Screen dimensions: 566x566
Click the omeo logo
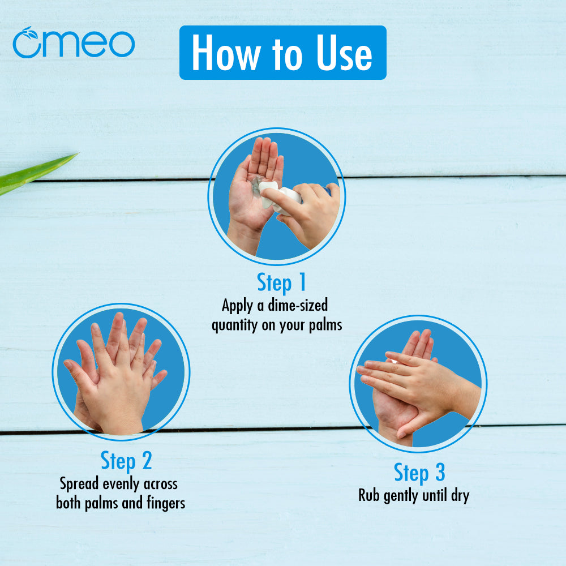(x=74, y=42)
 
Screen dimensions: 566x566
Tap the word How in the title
(x=226, y=53)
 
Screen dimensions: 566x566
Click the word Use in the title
(x=344, y=53)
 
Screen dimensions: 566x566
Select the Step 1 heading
(x=281, y=282)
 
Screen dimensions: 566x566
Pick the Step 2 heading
(x=126, y=461)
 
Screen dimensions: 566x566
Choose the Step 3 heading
(x=419, y=473)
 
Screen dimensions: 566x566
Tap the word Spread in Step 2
(x=79, y=484)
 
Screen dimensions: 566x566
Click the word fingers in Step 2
(x=166, y=503)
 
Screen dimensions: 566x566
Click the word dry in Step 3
(x=460, y=496)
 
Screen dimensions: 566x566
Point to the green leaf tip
(x=77, y=154)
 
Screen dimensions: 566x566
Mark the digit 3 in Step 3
(x=440, y=472)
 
